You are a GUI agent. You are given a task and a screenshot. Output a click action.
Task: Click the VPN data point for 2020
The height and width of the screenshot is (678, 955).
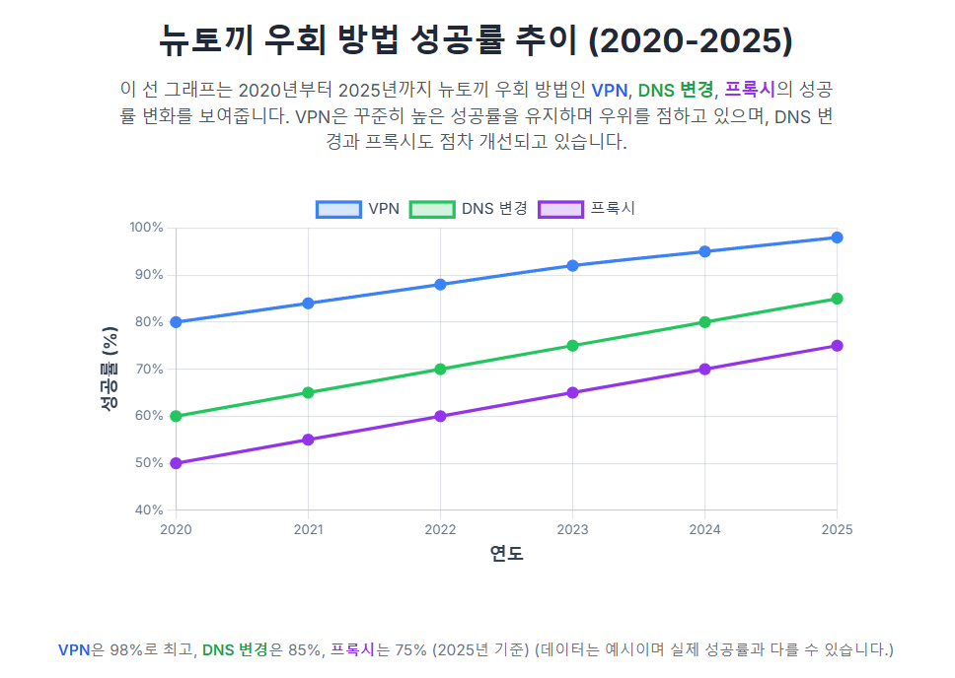pyautogui.click(x=176, y=322)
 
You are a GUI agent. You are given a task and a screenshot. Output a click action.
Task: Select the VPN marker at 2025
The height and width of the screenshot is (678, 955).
pyautogui.click(x=837, y=237)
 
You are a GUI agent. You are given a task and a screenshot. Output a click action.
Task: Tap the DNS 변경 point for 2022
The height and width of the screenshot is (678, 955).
pyautogui.click(x=440, y=370)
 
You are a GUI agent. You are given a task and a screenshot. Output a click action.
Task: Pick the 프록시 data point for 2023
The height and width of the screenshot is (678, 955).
pyautogui.click(x=572, y=393)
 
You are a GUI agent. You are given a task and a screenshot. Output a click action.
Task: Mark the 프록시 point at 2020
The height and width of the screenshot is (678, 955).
pyautogui.click(x=176, y=463)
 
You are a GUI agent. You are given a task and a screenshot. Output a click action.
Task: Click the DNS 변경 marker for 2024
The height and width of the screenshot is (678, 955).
pyautogui.click(x=704, y=322)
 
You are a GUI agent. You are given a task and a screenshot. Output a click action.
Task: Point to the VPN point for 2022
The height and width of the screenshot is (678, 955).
pyautogui.click(x=440, y=285)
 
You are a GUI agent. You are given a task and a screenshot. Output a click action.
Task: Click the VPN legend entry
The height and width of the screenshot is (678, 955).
pyautogui.click(x=357, y=209)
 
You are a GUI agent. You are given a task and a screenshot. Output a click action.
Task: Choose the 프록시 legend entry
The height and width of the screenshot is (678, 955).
pyautogui.click(x=586, y=209)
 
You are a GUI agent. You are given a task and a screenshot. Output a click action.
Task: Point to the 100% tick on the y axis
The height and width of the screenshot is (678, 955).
pyautogui.click(x=146, y=228)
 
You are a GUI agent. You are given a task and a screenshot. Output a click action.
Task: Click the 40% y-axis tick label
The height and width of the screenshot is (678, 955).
pyautogui.click(x=148, y=510)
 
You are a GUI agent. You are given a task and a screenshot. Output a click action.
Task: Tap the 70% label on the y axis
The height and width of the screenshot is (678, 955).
pyautogui.click(x=148, y=370)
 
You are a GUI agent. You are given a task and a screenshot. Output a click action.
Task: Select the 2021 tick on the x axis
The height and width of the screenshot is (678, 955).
pyautogui.click(x=308, y=529)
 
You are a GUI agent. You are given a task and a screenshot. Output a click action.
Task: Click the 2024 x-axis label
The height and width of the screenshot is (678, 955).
pyautogui.click(x=704, y=529)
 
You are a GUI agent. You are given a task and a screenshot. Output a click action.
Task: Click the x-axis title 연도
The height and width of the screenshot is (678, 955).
pyautogui.click(x=506, y=554)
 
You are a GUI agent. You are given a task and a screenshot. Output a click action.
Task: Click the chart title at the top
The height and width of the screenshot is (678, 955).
pyautogui.click(x=477, y=40)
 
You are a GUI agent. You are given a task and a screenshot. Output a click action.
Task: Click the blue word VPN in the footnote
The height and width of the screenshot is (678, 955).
pyautogui.click(x=74, y=650)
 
